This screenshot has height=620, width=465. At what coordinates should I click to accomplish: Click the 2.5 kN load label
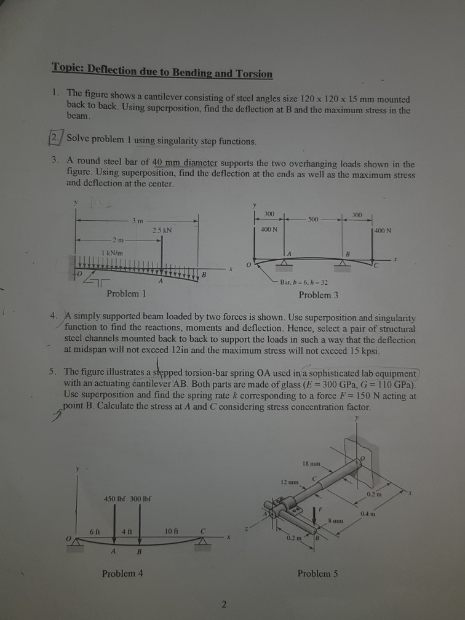pyautogui.click(x=162, y=230)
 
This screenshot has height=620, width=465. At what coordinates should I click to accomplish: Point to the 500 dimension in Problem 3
pyautogui.click(x=314, y=219)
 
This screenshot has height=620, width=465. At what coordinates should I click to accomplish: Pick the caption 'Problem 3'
pyautogui.click(x=318, y=295)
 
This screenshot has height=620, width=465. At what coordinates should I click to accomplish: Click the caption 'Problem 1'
pyautogui.click(x=127, y=294)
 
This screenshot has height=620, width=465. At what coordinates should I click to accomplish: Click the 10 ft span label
pyautogui.click(x=172, y=531)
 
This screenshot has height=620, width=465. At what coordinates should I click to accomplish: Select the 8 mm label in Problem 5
pyautogui.click(x=352, y=520)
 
